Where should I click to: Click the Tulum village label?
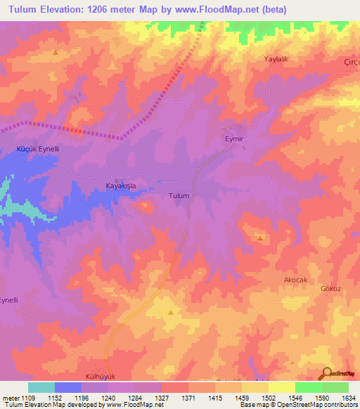point(179,196)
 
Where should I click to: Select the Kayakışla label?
point(120,186)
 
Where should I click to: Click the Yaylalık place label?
point(276,59)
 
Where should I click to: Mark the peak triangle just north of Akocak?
point(261,238)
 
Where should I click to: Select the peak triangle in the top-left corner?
point(56,53)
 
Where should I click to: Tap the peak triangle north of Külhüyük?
point(170,314)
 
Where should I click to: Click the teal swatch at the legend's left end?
point(41,387)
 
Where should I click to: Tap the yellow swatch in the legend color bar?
point(281,387)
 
